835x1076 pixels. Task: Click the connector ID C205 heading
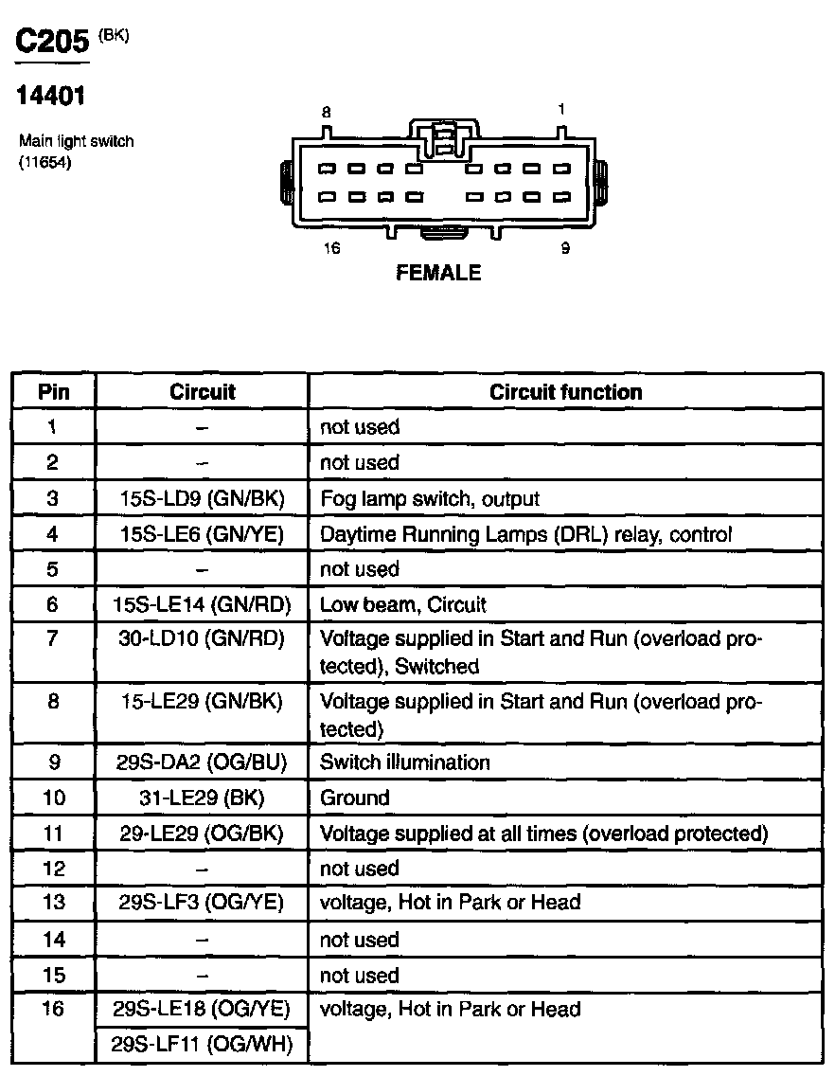[x=53, y=42]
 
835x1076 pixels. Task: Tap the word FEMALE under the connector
[x=437, y=273]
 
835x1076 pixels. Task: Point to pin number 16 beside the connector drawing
[x=331, y=250]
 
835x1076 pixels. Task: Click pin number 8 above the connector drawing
[x=327, y=112]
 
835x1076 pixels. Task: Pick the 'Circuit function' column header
[x=565, y=392]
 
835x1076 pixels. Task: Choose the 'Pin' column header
[x=53, y=392]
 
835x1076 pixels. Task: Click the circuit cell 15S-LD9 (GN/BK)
[x=203, y=498]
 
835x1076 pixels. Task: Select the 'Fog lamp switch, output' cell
[x=431, y=498]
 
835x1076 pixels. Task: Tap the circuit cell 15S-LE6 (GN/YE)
[x=203, y=534]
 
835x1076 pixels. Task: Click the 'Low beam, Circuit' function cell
[x=403, y=604]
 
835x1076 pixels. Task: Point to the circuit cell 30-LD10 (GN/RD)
[x=203, y=638]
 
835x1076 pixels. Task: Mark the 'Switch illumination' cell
[x=405, y=762]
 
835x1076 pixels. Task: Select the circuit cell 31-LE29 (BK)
[x=203, y=798]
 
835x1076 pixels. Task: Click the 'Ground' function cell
[x=355, y=798]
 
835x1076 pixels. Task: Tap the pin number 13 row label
[x=53, y=903]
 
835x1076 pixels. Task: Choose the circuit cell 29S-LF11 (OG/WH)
[x=203, y=1045]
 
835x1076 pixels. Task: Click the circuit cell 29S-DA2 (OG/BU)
[x=203, y=762]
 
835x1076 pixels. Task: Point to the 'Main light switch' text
[x=77, y=141]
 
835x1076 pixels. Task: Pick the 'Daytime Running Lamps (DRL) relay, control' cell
[x=525, y=534]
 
